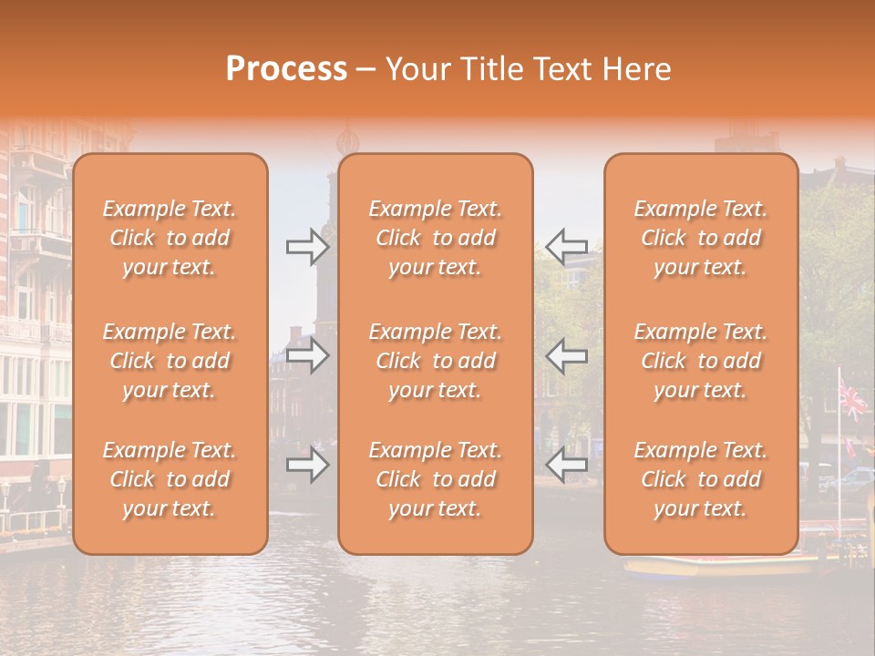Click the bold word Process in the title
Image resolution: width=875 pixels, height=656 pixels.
pyautogui.click(x=286, y=69)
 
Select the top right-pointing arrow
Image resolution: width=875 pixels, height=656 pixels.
pyautogui.click(x=307, y=246)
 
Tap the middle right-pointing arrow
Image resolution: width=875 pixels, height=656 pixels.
pyautogui.click(x=307, y=355)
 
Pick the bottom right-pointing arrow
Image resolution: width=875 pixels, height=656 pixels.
pyautogui.click(x=307, y=466)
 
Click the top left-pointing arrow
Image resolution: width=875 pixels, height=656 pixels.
pyautogui.click(x=566, y=246)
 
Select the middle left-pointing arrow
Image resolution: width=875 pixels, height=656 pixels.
pyautogui.click(x=566, y=355)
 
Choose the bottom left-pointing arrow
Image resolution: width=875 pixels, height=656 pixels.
pyautogui.click(x=566, y=466)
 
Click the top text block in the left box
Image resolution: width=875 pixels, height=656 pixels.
pyautogui.click(x=170, y=238)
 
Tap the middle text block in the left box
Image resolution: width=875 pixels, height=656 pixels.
pyautogui.click(x=170, y=361)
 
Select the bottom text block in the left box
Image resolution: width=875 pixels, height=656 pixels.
pyautogui.click(x=170, y=479)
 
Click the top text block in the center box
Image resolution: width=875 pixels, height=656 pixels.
pyautogui.click(x=435, y=238)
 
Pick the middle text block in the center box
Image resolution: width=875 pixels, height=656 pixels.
pyautogui.click(x=435, y=361)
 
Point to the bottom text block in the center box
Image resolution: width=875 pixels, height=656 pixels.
pyautogui.click(x=435, y=479)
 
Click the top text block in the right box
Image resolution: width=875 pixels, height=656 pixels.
pyautogui.click(x=700, y=238)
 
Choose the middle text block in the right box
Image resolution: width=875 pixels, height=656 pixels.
pyautogui.click(x=700, y=361)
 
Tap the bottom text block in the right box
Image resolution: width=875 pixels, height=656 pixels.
pyautogui.click(x=700, y=479)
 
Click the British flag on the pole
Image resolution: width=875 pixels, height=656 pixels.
pyautogui.click(x=853, y=398)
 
